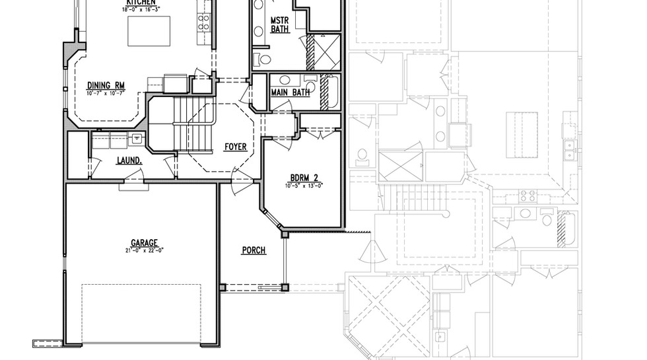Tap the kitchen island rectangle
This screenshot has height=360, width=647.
pyautogui.click(x=149, y=30)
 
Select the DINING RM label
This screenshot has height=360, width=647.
pyautogui.click(x=106, y=85)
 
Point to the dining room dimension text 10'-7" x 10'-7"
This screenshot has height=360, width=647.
pyautogui.click(x=106, y=92)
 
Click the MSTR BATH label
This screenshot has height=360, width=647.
pyautogui.click(x=279, y=25)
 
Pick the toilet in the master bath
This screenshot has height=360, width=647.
pyautogui.click(x=265, y=59)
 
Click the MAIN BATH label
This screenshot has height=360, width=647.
pyautogui.click(x=290, y=92)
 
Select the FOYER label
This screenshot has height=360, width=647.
pyautogui.click(x=236, y=147)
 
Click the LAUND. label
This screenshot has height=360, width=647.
pyautogui.click(x=128, y=161)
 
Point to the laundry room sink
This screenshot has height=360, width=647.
pyautogui.click(x=137, y=139)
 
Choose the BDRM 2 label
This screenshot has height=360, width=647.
pyautogui.click(x=304, y=178)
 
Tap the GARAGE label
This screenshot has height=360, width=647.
pyautogui.click(x=143, y=243)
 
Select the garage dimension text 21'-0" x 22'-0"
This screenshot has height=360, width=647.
pyautogui.click(x=143, y=250)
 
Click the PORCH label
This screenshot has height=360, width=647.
pyautogui.click(x=254, y=250)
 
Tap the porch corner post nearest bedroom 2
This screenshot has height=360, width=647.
pyautogui.click(x=285, y=234)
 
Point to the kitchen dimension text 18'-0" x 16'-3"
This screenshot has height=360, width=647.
pyautogui.click(x=139, y=10)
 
